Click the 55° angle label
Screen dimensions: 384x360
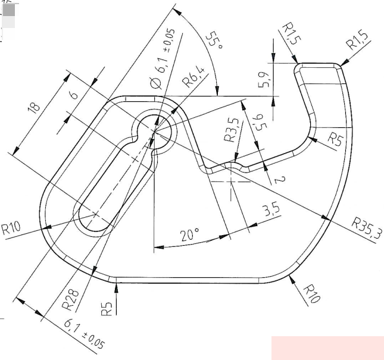click(215, 40)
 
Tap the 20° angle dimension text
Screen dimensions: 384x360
click(189, 234)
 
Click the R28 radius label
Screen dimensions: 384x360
click(70, 300)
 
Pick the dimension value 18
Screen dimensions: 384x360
click(34, 108)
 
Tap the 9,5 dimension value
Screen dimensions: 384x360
click(260, 122)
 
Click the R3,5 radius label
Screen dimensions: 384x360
click(231, 130)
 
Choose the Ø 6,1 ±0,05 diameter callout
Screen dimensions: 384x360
click(163, 59)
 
